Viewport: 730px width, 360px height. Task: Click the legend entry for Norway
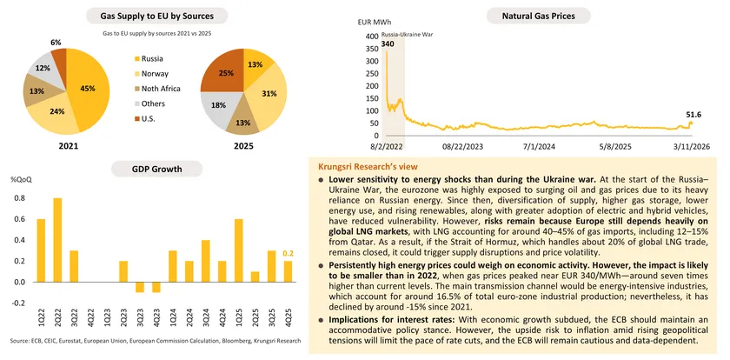coord(155,73)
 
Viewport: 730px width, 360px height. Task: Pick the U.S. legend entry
coord(150,117)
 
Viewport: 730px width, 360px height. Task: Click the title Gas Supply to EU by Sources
coord(157,16)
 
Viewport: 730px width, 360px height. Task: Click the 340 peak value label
coord(387,43)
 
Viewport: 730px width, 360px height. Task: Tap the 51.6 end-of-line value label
coord(694,114)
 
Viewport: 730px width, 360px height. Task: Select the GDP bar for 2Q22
coord(57,240)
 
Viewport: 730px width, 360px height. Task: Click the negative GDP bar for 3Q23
coord(141,287)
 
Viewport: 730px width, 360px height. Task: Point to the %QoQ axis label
coord(20,179)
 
